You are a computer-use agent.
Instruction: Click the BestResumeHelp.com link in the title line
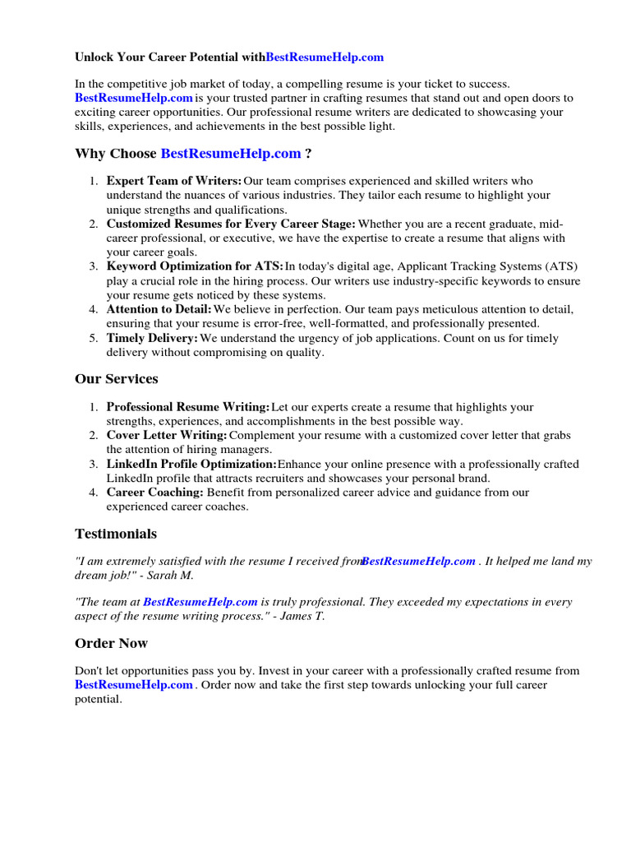click(325, 58)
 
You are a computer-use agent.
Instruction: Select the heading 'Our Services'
click(116, 379)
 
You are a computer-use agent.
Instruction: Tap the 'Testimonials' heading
click(115, 534)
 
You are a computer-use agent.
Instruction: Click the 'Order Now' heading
click(111, 643)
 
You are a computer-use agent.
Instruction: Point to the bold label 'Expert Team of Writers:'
click(174, 181)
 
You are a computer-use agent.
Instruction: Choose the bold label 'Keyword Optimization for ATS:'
click(195, 266)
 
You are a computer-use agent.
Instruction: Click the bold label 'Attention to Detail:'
click(159, 309)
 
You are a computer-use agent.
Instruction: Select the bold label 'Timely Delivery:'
click(152, 338)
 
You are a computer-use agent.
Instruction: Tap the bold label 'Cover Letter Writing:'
click(167, 435)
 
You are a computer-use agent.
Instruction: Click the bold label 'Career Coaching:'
click(155, 493)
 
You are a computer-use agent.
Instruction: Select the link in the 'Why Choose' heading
click(231, 154)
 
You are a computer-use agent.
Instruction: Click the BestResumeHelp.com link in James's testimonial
click(200, 602)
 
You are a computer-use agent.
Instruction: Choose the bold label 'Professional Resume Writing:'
click(188, 407)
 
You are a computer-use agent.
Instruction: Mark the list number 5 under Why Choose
click(94, 338)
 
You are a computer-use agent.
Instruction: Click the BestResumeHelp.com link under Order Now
click(134, 685)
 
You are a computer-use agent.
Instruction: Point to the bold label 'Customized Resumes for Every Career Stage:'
click(231, 224)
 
